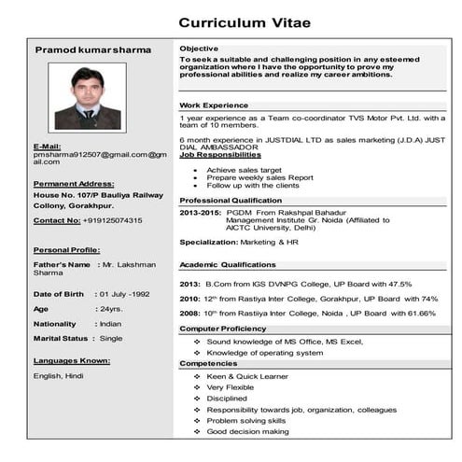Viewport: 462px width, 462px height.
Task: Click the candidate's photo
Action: click(87, 97)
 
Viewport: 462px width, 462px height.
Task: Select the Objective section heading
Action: click(199, 48)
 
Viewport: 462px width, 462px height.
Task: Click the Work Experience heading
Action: click(214, 105)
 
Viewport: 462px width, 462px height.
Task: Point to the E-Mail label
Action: click(47, 146)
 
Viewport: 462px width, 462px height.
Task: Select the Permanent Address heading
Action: click(74, 184)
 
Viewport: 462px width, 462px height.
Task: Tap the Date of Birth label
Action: click(59, 293)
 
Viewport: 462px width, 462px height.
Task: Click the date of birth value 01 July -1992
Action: click(126, 293)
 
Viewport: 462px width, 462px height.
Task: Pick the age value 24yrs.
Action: click(111, 308)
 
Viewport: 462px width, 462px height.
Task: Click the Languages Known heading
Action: click(72, 359)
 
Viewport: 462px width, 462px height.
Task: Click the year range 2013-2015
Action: click(199, 213)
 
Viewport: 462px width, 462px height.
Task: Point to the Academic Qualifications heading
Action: click(228, 264)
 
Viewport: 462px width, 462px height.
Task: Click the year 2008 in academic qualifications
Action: click(189, 313)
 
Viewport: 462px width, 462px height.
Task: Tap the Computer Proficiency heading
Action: click(223, 329)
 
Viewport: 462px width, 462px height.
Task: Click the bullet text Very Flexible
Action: click(231, 386)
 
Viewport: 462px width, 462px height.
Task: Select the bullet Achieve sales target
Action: click(245, 170)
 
